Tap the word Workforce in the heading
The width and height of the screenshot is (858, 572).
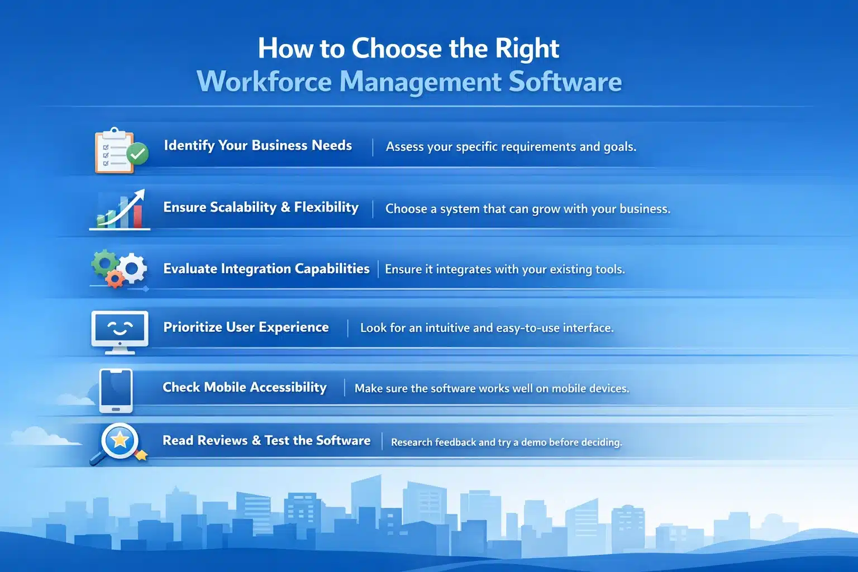264,82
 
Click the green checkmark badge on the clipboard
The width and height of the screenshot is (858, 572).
137,153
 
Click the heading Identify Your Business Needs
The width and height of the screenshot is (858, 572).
258,146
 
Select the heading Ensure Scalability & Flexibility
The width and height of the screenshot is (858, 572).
261,207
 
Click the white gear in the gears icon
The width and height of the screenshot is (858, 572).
133,269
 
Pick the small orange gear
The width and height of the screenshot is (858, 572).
115,278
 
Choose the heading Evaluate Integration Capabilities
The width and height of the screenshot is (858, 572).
266,269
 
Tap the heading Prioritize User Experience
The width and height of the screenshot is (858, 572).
246,327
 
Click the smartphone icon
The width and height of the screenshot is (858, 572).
116,390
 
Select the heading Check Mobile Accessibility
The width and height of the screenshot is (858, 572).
245,387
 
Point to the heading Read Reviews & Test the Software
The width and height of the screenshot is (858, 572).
266,441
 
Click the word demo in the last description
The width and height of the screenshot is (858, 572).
533,442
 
